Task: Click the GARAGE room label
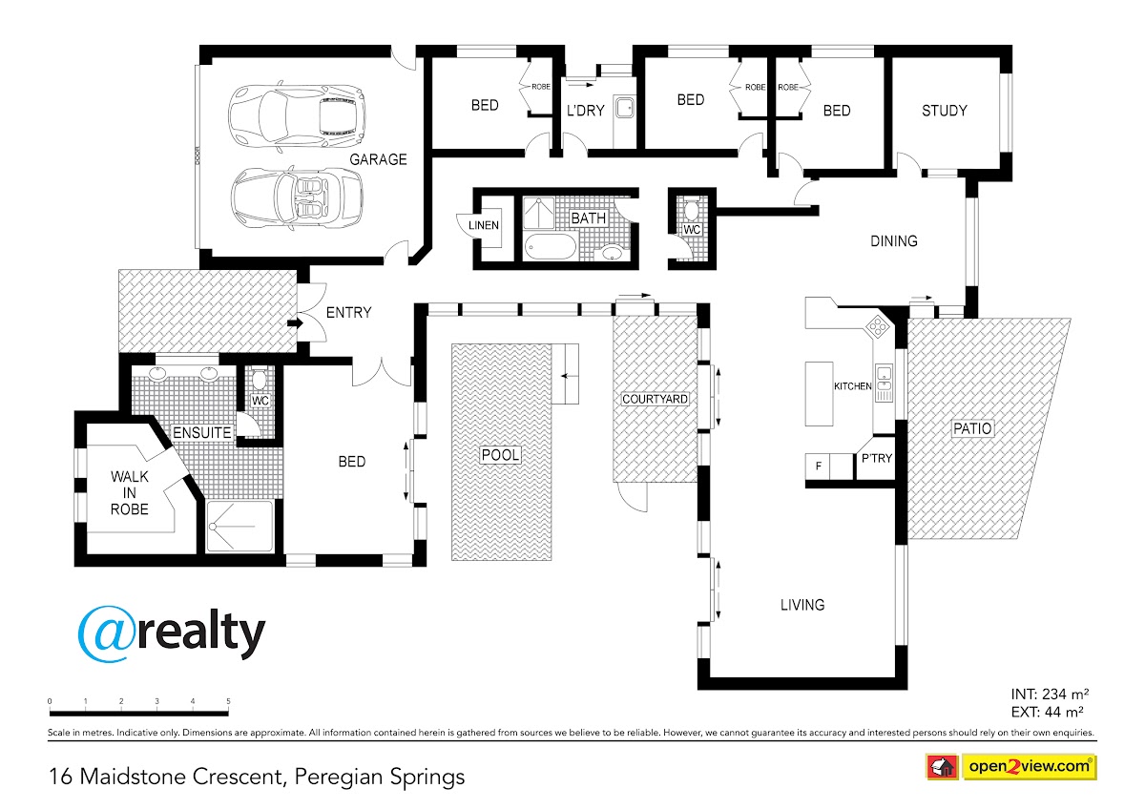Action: [x=378, y=159]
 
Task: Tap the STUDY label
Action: [x=944, y=111]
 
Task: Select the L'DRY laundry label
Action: [x=585, y=111]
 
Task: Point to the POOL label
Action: [x=500, y=454]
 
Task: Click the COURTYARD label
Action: [x=655, y=399]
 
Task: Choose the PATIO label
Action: [x=972, y=428]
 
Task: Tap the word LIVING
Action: [x=802, y=605]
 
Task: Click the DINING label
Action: [x=893, y=240]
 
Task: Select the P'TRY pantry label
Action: [x=877, y=459]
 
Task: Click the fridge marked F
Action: [x=819, y=467]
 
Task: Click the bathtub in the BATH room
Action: [x=550, y=247]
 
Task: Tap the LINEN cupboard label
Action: [x=484, y=225]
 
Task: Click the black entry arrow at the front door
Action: [x=295, y=323]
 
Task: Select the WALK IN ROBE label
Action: [x=130, y=492]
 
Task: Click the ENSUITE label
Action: [x=202, y=433]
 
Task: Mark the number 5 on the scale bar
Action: [x=228, y=701]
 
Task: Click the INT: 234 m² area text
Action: [x=1050, y=694]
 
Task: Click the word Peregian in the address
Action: [x=338, y=778]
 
